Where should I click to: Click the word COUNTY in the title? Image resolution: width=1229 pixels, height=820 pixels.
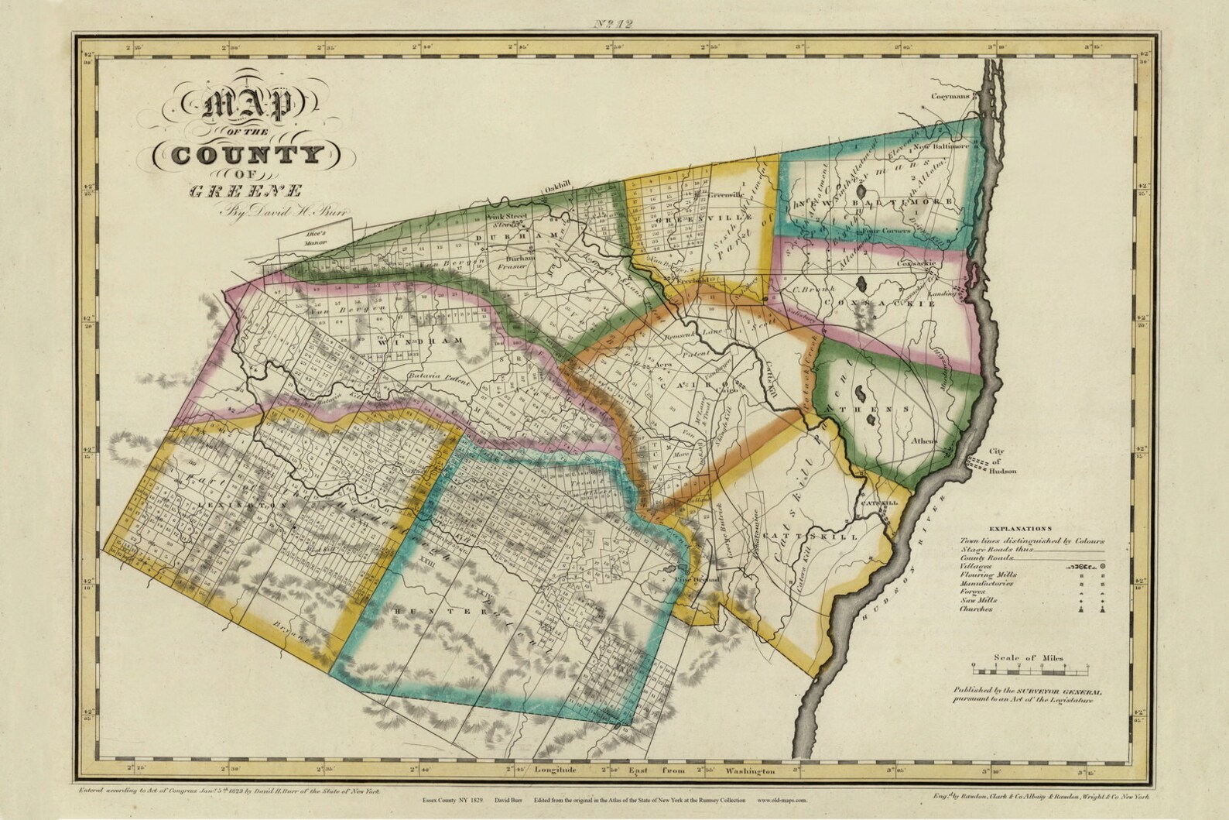(x=246, y=155)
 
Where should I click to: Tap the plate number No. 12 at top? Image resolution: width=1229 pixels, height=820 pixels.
(x=615, y=24)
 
